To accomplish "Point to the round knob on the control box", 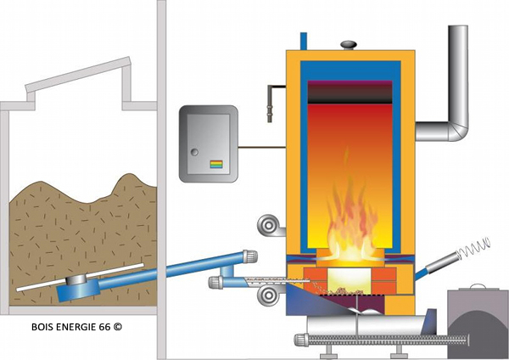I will [x=194, y=154].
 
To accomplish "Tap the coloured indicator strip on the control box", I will [x=216, y=164].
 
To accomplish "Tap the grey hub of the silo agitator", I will [x=80, y=280].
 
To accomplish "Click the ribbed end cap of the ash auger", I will [x=299, y=342].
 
